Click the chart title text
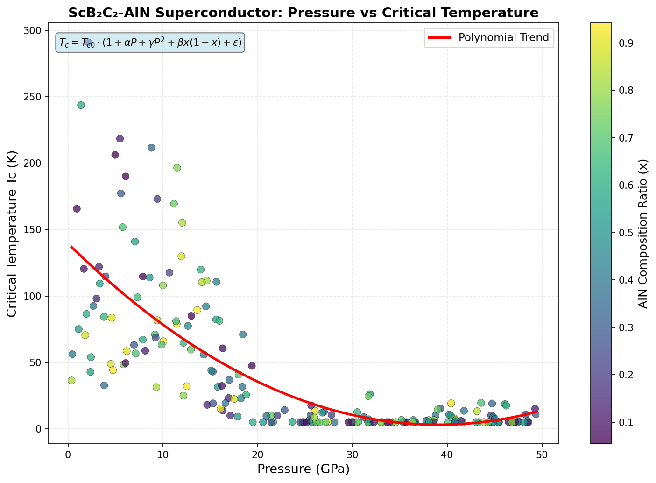[x=303, y=13]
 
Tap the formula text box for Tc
[x=150, y=43]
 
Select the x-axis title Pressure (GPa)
[x=303, y=469]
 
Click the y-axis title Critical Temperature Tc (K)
[x=13, y=234]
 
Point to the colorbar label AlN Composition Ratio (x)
[x=644, y=234]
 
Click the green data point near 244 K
[x=81, y=105]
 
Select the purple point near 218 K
[x=120, y=139]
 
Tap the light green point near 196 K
[x=177, y=168]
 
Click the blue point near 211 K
[x=151, y=148]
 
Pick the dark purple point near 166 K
[x=77, y=209]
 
